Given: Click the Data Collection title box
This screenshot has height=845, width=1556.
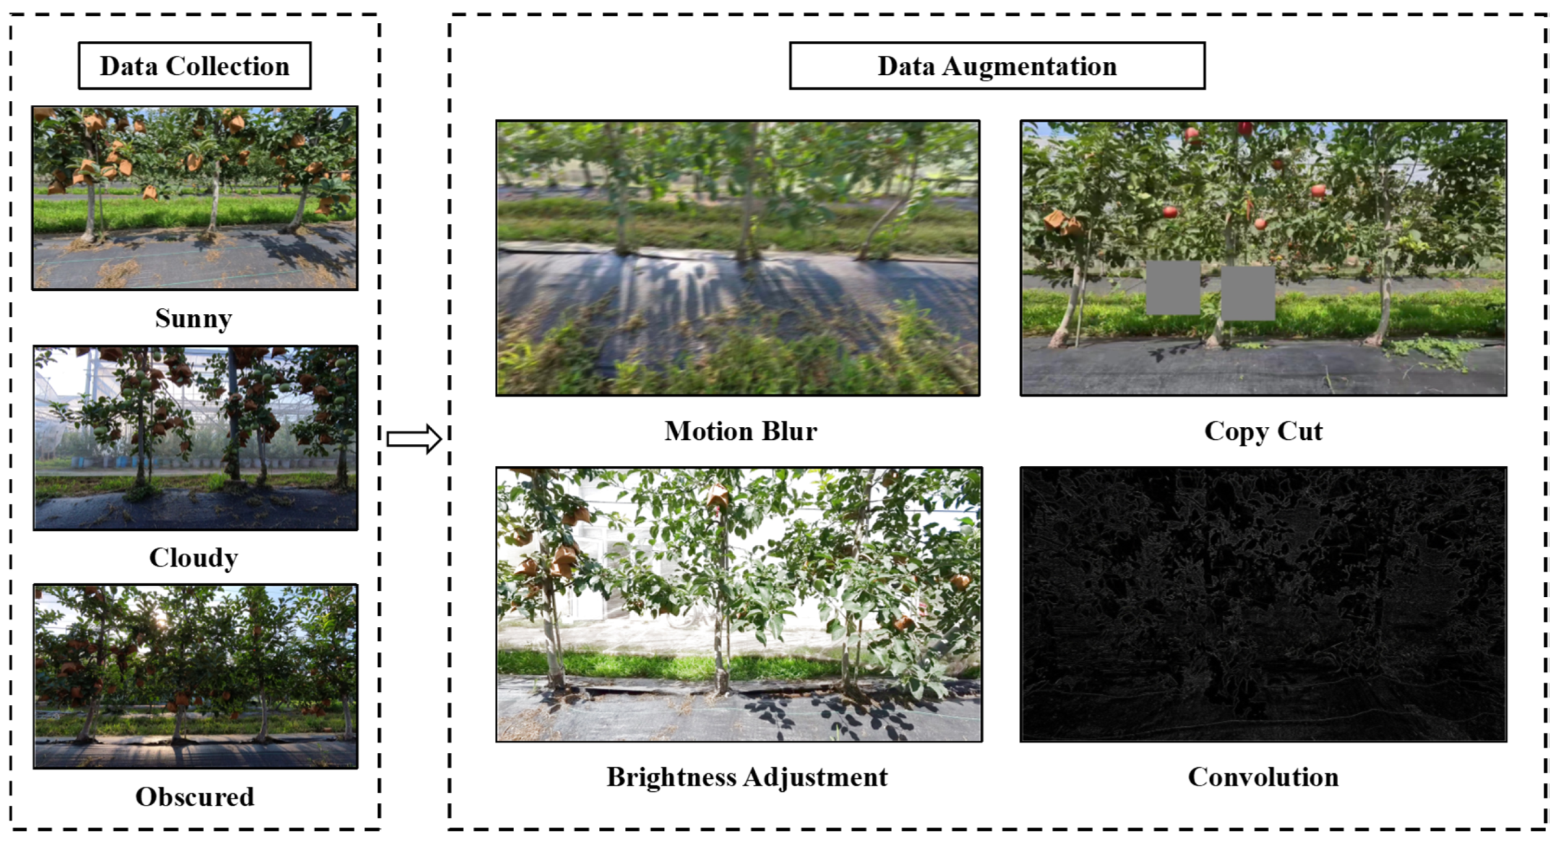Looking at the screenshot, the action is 194,66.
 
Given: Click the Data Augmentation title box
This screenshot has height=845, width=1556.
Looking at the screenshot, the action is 997,66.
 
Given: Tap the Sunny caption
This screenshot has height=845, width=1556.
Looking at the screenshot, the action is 194,319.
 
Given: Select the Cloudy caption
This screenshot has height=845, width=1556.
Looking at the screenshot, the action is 194,557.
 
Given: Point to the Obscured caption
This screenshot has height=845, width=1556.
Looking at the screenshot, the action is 195,797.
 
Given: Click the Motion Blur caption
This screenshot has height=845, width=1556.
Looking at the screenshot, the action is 741,431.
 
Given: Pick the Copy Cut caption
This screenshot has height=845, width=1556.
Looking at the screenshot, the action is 1263,431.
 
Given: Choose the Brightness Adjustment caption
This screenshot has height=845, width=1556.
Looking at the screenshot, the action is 747,777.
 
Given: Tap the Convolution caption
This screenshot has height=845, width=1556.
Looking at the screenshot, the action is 1263,777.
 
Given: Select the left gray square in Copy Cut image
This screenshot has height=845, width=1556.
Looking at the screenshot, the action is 1173,288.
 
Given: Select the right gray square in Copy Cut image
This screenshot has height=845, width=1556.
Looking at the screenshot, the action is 1248,293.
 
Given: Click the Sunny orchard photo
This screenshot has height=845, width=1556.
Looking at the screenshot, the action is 195,198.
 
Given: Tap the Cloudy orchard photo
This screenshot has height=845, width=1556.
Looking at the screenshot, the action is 196,437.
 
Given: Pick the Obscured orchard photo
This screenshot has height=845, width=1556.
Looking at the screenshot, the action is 196,676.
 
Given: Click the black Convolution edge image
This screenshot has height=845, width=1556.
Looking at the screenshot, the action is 1263,604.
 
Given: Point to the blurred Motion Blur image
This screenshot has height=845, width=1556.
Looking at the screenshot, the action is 737,258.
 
